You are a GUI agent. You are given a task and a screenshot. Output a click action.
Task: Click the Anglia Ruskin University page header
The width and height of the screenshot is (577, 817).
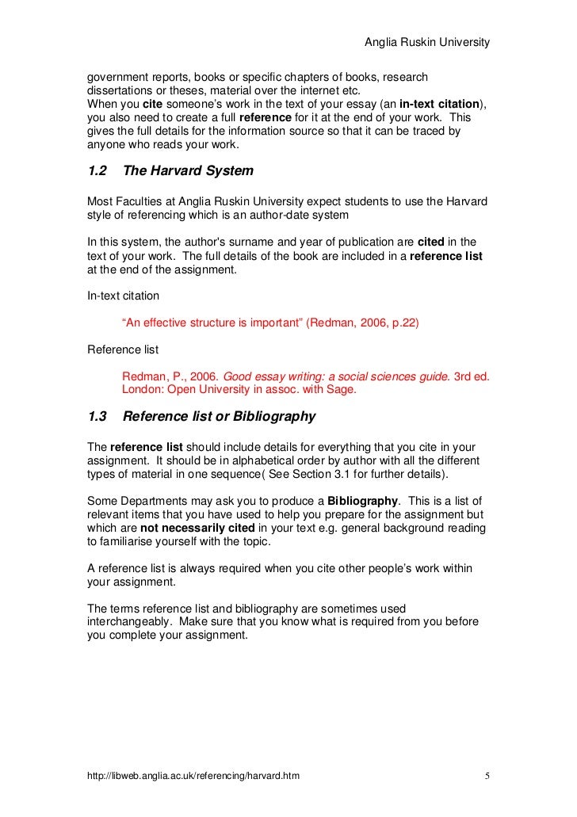[x=426, y=41]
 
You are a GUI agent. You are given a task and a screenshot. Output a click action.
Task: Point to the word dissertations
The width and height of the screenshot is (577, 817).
[x=120, y=90]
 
